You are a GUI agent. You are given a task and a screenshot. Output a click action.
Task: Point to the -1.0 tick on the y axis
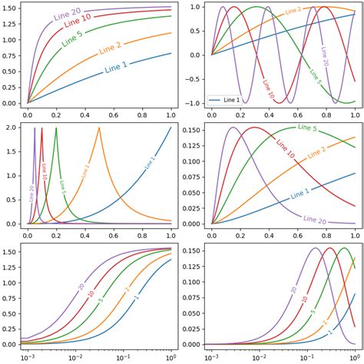(194, 103)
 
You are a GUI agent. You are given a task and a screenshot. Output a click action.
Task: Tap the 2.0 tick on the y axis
(13, 127)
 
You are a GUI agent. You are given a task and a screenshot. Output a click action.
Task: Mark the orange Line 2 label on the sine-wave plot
(294, 12)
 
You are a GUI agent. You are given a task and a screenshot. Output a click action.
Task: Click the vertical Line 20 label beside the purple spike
(31, 193)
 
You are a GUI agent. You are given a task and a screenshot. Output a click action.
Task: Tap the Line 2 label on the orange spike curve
(85, 173)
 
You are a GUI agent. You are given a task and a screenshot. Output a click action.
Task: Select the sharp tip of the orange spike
(99, 127)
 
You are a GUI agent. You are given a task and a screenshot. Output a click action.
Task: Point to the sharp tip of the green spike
(56, 127)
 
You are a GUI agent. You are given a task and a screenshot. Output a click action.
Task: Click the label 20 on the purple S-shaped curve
(81, 287)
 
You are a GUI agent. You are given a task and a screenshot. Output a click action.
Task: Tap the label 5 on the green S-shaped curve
(101, 299)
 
